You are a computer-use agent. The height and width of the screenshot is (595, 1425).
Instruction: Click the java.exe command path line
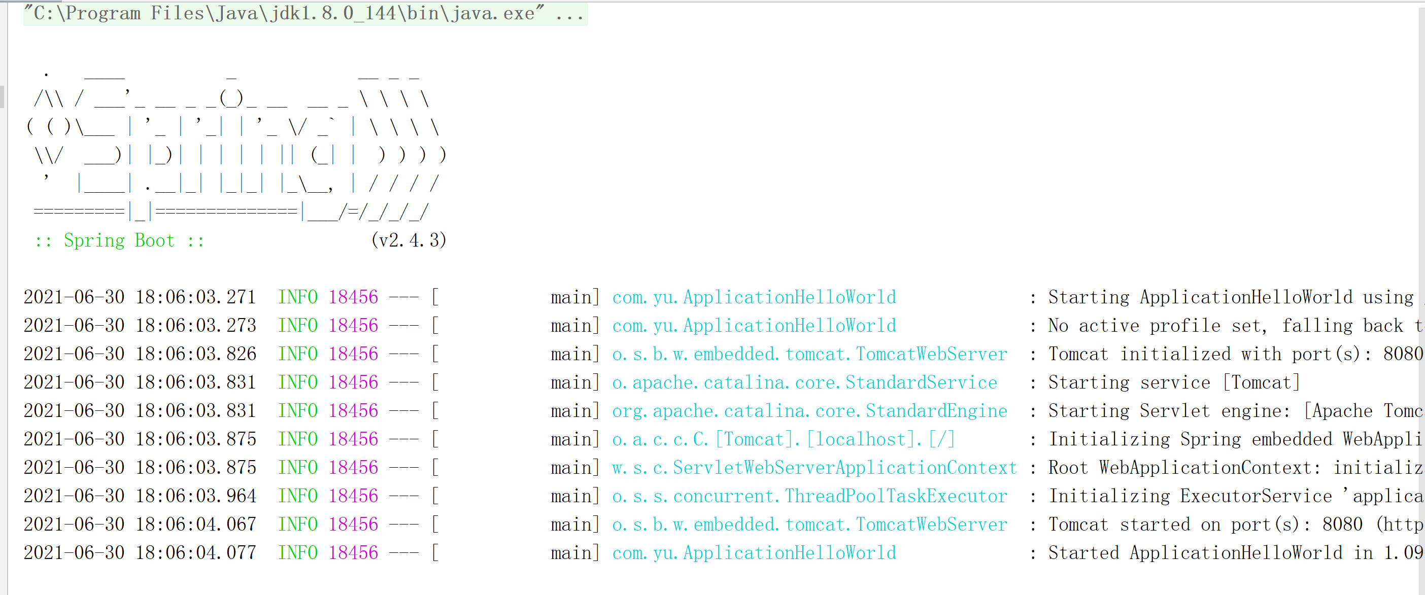304,13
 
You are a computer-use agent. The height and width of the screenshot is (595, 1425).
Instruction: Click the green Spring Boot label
119,240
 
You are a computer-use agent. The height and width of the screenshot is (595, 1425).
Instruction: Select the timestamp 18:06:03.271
196,297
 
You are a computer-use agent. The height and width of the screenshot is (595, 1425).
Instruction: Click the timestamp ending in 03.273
196,326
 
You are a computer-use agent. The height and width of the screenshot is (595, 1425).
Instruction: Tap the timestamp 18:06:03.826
196,354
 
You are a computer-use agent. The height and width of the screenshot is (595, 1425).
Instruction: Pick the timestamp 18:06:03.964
196,496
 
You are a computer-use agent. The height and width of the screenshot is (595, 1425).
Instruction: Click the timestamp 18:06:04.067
196,524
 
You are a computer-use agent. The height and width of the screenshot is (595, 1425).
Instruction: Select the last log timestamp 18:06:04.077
196,553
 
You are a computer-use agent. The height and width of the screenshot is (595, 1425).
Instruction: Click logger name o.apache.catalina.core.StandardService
804,382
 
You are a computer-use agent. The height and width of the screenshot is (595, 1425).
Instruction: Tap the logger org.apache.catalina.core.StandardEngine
809,411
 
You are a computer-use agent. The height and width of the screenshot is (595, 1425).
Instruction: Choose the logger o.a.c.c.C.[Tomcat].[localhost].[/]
784,440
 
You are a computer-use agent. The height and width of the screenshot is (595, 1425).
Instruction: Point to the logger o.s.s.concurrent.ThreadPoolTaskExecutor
809,496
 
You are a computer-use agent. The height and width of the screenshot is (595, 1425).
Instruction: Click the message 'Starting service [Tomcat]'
1173,382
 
